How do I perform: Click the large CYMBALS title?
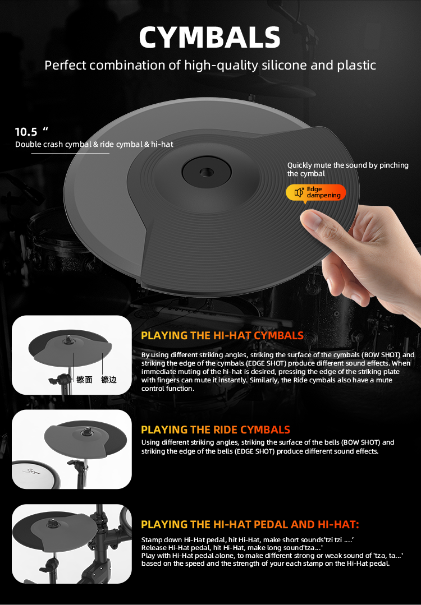tap(210, 38)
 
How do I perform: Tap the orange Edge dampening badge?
tap(316, 192)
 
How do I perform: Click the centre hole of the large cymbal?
tap(206, 172)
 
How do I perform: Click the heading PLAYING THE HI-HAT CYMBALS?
tap(222, 336)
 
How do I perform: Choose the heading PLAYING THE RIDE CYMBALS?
tap(216, 430)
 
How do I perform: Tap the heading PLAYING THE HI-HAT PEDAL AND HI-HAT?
tap(250, 524)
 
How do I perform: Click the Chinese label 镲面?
tap(84, 380)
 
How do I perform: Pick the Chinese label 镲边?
tap(108, 380)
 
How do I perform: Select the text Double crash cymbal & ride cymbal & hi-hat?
tap(94, 144)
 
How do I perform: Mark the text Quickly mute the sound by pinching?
tap(347, 165)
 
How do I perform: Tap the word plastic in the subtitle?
tap(356, 65)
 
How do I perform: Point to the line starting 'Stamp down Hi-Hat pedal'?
tap(248, 540)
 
